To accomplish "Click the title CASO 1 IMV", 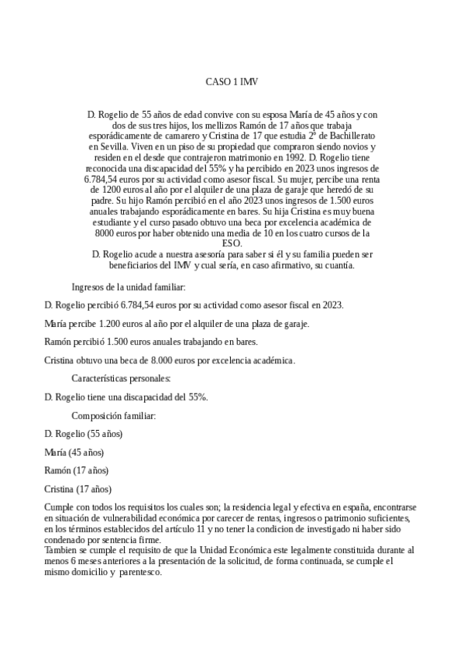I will coord(232,81).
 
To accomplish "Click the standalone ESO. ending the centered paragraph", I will coord(232,243).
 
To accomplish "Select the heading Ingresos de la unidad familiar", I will coord(129,287).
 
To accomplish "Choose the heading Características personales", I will coord(121,378).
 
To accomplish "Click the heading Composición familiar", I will coord(114,415).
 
